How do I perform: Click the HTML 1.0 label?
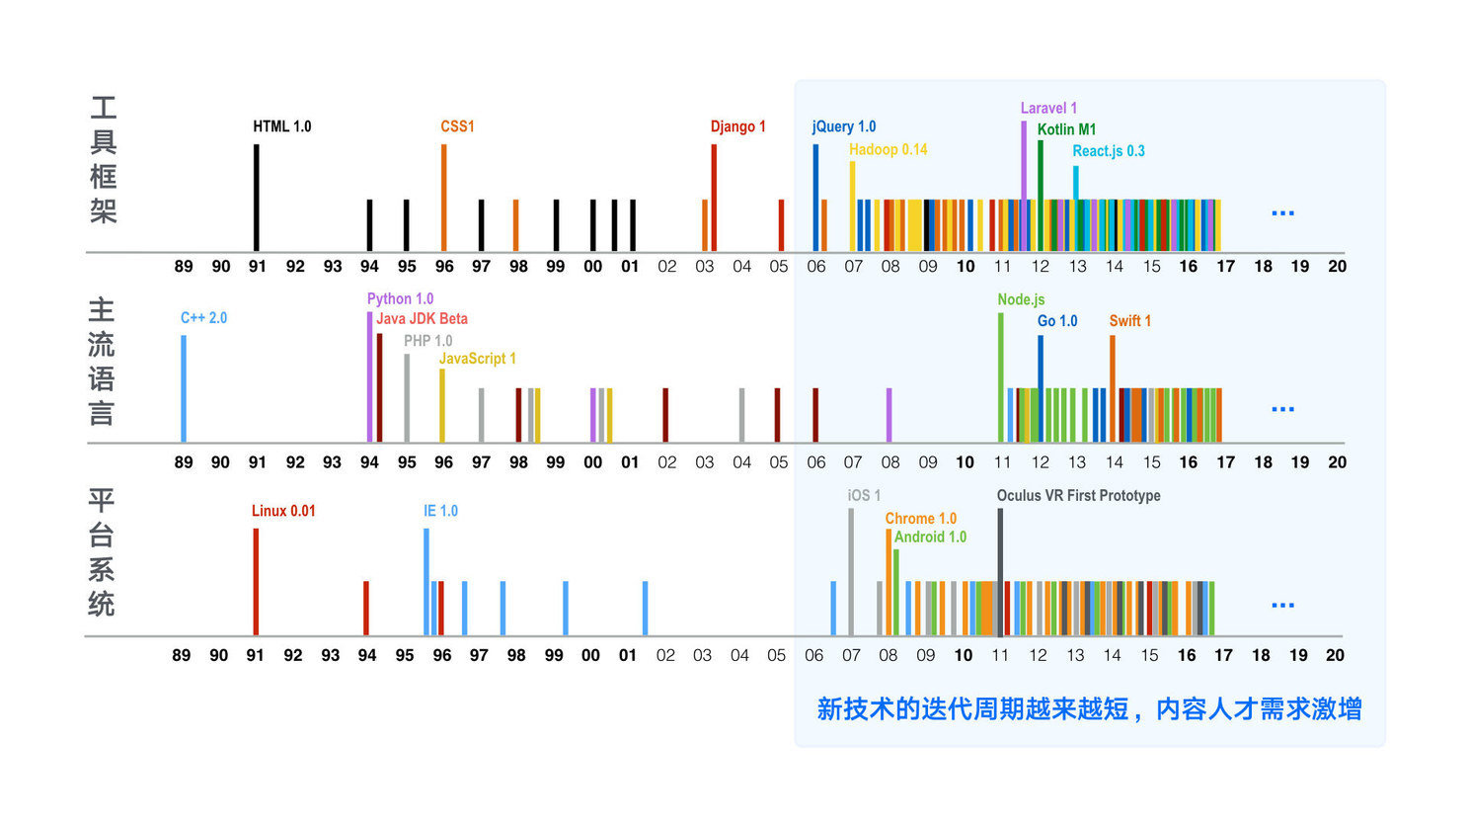click(281, 126)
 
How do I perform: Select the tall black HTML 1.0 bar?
click(257, 198)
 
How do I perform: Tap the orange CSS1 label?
click(457, 126)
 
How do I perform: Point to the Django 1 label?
click(737, 126)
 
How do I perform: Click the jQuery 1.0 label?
click(844, 126)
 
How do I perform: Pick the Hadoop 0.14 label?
click(888, 149)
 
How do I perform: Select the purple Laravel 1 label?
click(1048, 108)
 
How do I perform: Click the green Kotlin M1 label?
click(1066, 129)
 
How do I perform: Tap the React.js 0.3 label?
click(1109, 151)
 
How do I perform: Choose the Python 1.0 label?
click(400, 298)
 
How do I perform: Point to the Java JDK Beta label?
click(422, 318)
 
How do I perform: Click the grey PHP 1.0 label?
click(427, 341)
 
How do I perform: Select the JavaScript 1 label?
click(477, 359)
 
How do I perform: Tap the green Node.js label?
click(1021, 299)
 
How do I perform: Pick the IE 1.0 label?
click(440, 511)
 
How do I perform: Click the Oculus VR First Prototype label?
click(1078, 495)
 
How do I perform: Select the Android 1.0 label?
click(930, 537)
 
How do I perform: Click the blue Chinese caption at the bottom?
click(1089, 708)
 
